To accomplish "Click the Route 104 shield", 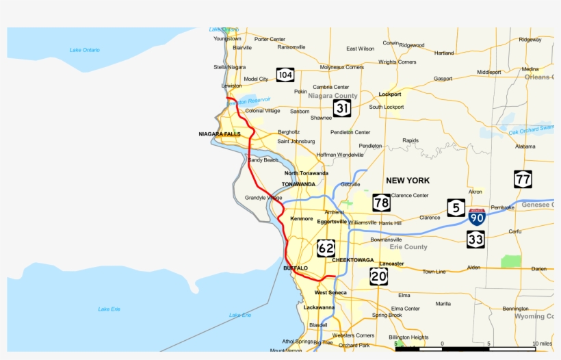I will click(x=285, y=75).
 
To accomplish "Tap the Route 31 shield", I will click(x=343, y=107).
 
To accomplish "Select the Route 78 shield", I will click(x=382, y=203).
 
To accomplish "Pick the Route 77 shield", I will click(x=523, y=180).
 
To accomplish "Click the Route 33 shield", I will click(x=475, y=239).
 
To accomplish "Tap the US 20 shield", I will click(x=378, y=276).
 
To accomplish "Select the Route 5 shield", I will click(x=456, y=208).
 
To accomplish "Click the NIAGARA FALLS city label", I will click(x=220, y=134).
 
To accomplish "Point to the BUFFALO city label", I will click(x=296, y=268).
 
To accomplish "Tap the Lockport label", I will click(x=390, y=94).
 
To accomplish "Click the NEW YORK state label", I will click(x=408, y=181).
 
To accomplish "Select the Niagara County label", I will click(x=332, y=96).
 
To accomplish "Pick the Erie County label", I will click(x=408, y=247).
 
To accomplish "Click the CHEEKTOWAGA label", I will click(x=353, y=260).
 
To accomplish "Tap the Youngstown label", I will click(x=227, y=39).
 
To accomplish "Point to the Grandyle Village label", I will click(x=263, y=198).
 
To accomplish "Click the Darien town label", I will click(x=539, y=269).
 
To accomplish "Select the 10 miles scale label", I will click(x=541, y=343).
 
